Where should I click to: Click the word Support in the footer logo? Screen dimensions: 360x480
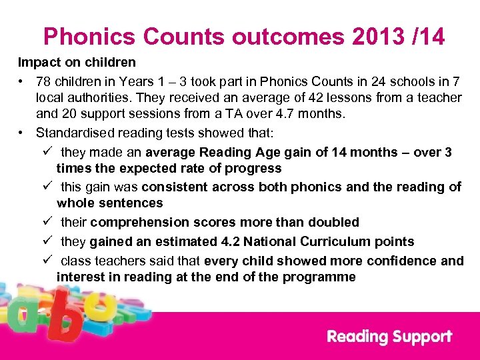(x=421, y=337)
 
